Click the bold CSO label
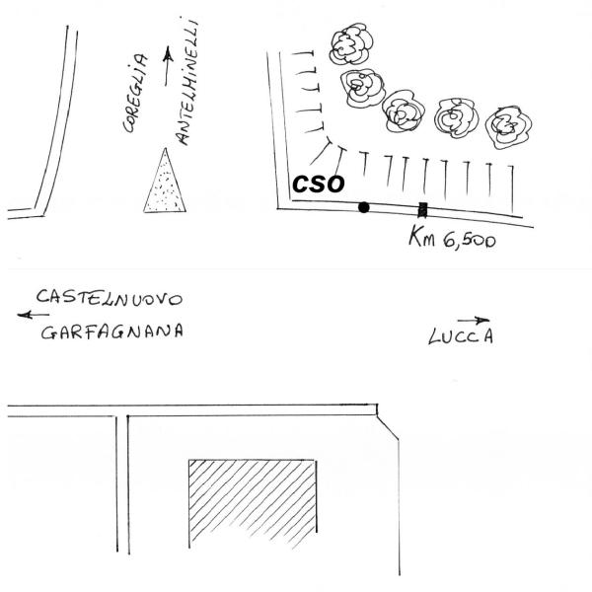tap(319, 184)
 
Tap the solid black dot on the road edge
tap(363, 207)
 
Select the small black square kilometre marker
tap(422, 210)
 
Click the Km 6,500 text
tap(452, 237)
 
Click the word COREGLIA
tap(135, 94)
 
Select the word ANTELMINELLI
tap(187, 82)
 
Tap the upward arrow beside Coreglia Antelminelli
tap(168, 66)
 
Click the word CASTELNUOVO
tap(110, 298)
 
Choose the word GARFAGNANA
tap(112, 332)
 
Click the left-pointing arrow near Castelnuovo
tap(34, 315)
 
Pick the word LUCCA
tap(461, 336)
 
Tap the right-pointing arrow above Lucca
tap(474, 321)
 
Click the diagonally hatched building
tap(253, 502)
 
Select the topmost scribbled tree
tap(351, 43)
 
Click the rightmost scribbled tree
tap(508, 126)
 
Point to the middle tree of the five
tap(403, 111)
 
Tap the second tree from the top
tap(362, 88)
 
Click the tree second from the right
tap(456, 117)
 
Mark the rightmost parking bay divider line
tap(512, 188)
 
